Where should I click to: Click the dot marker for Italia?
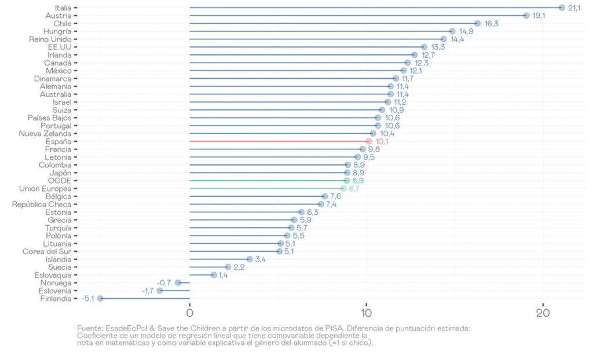click(562, 8)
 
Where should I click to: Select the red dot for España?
click(369, 141)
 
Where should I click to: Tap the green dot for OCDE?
click(346, 181)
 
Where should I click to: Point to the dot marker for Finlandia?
click(100, 299)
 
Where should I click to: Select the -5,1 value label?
click(88, 299)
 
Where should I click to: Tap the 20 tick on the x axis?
click(543, 314)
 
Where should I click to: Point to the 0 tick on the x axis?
click(190, 314)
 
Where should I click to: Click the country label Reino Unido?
click(50, 39)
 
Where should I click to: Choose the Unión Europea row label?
click(45, 189)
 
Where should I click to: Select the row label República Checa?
click(42, 204)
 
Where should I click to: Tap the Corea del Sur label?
click(47, 251)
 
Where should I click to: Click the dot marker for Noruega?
click(178, 282)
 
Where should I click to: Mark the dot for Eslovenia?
click(160, 291)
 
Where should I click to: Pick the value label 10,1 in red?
click(382, 141)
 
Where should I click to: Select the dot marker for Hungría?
click(452, 31)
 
